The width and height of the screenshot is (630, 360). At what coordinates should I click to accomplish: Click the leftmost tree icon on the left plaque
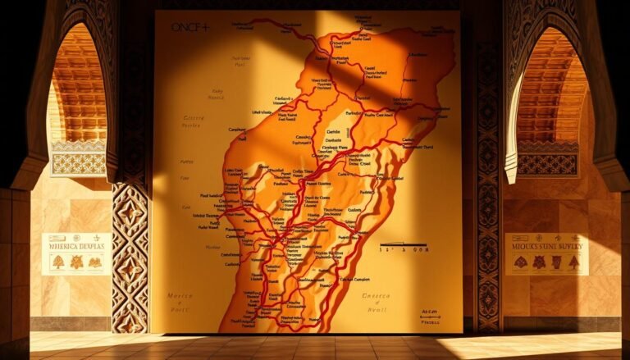click(x=58, y=262)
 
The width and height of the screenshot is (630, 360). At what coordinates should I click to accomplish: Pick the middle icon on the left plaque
click(x=76, y=262)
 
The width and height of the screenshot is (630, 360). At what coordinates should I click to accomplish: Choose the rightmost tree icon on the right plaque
click(x=573, y=262)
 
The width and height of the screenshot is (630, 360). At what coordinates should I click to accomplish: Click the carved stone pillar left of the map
click(x=130, y=254)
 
